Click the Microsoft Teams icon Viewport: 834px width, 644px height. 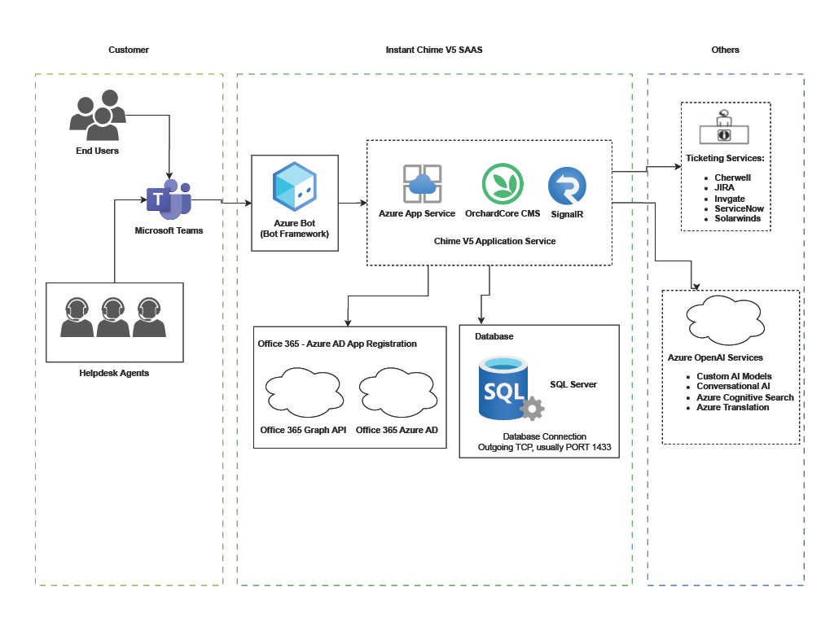point(169,201)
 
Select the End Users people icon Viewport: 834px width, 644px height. point(98,113)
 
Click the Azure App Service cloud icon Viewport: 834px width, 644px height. point(422,184)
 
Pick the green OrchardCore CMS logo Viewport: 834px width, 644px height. point(502,184)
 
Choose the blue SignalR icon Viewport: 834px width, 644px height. point(567,186)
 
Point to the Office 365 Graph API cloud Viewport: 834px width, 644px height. point(302,392)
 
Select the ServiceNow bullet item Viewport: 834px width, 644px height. point(739,209)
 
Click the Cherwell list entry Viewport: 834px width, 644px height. point(732,177)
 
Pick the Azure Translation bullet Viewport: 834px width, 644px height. point(732,407)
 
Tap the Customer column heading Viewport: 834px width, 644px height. point(129,50)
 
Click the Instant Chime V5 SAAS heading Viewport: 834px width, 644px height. point(434,50)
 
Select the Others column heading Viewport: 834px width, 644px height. point(725,50)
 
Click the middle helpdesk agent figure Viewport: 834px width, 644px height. point(113,318)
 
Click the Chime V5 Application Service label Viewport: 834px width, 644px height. point(495,241)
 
